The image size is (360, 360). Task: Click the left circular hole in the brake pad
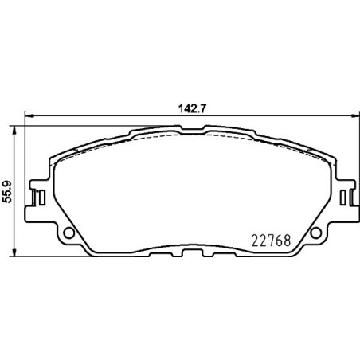69,233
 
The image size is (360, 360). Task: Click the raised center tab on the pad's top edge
191,129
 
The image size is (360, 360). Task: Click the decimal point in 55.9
7,186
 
